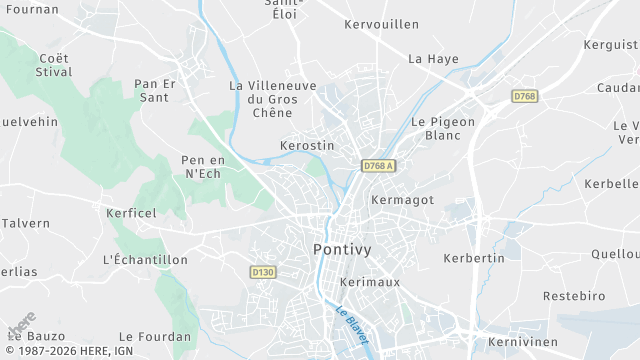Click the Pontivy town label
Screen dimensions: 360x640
tap(344, 249)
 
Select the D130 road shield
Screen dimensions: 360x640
tap(263, 272)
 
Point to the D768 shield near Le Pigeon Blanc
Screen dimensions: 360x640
tap(524, 96)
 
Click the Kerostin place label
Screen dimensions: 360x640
tap(307, 146)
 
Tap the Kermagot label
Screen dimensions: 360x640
tap(402, 200)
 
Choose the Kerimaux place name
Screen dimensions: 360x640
tap(370, 282)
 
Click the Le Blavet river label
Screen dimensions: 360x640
tap(352, 325)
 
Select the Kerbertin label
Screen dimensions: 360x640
tap(474, 258)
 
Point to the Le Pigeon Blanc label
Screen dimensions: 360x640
tap(443, 128)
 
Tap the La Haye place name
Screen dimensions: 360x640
tap(433, 59)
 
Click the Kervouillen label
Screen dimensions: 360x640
tap(379, 24)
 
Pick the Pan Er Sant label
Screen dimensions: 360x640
tap(155, 90)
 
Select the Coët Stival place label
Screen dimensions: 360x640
tap(54, 65)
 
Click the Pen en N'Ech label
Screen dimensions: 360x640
tap(201, 167)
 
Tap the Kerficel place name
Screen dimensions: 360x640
tap(132, 213)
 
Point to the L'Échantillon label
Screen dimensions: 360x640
tap(145, 260)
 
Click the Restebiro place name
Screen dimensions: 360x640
tap(574, 297)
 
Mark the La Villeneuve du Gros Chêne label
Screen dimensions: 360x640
tap(272, 99)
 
